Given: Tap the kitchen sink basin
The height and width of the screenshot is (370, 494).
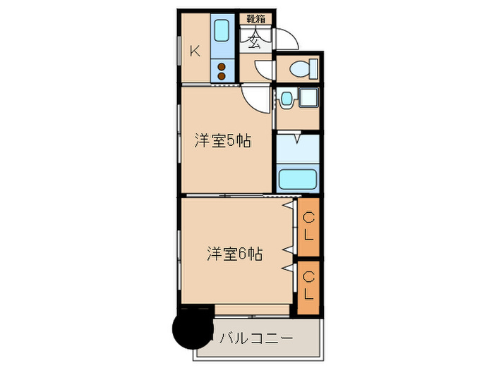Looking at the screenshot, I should pyautogui.click(x=222, y=31).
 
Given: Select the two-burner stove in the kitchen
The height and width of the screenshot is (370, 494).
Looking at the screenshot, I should pyautogui.click(x=222, y=70).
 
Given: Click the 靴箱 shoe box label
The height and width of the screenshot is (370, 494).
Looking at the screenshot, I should pyautogui.click(x=255, y=20).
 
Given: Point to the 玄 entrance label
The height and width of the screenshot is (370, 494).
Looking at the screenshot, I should pyautogui.click(x=255, y=39).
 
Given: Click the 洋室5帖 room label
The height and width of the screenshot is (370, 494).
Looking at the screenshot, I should pyautogui.click(x=223, y=141).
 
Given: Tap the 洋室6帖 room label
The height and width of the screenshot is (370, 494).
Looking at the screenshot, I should pyautogui.click(x=235, y=254).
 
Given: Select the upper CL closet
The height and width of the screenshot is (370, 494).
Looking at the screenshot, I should pyautogui.click(x=308, y=227).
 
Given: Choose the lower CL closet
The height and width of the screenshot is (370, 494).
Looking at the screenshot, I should pyautogui.click(x=308, y=288).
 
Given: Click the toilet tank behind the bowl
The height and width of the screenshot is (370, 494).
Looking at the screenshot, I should pyautogui.click(x=313, y=69).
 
